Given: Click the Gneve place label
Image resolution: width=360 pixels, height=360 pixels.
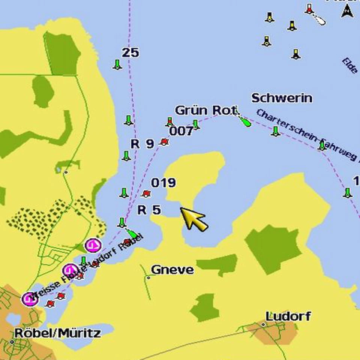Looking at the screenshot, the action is pos(172,270).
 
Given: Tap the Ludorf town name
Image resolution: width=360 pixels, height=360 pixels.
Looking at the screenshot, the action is pos(288,316).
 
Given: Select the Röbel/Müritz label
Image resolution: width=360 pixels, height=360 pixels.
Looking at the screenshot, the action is pos(57,333).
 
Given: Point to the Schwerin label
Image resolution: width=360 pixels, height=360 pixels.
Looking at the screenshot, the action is pos(282,98).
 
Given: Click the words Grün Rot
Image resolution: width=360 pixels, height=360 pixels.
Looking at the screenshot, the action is pos(206,111).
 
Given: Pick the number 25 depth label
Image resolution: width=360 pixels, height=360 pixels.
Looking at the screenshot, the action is pos(130,53).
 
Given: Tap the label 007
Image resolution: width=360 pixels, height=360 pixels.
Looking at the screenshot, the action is pos(181,131).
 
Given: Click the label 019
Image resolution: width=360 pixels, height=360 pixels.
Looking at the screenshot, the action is pos(163,183).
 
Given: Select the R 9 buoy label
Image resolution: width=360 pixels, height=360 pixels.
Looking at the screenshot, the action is pos(142,144).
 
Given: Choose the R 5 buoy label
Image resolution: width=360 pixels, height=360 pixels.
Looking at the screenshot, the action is pos(149,210).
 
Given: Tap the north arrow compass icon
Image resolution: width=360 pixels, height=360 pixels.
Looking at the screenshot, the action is pos(346,12).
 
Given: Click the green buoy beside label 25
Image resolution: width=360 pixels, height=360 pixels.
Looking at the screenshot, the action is pos(118,65).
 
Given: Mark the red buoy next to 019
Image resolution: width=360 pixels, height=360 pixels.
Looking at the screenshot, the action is pos(146,193).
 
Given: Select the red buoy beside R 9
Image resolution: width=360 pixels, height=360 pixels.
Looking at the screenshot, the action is pos(163,142).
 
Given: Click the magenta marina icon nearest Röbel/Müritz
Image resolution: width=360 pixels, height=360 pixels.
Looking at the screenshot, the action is pos(29,299).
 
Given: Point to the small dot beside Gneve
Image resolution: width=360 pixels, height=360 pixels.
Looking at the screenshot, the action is pos(148,278).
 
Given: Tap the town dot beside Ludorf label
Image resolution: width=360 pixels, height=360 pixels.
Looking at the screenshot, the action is pos(264,324).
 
